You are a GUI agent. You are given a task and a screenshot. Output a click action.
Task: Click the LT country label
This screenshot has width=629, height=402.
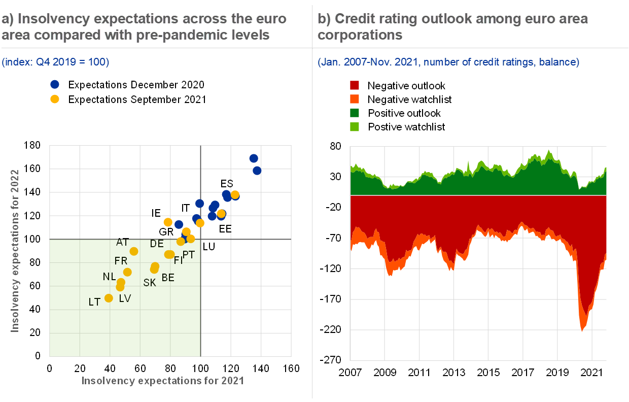click(x=94, y=302)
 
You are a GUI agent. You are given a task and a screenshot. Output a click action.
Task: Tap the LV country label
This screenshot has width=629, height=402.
click(x=125, y=298)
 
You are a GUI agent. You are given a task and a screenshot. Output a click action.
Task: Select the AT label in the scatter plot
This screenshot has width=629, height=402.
click(x=122, y=242)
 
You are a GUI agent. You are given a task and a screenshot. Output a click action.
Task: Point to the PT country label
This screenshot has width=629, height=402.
click(x=189, y=255)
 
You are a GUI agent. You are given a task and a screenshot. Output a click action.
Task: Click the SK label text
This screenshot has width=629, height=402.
click(x=150, y=283)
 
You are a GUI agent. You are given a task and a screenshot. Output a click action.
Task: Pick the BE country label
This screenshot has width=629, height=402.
click(x=168, y=278)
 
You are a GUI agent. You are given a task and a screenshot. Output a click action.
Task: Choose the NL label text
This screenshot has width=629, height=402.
click(x=109, y=277)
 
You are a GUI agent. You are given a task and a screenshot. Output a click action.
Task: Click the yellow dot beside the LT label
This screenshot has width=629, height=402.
click(x=109, y=298)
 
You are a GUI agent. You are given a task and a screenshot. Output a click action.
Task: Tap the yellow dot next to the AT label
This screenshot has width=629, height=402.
click(x=134, y=251)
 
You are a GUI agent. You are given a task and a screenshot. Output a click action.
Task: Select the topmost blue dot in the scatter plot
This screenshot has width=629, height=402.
click(x=254, y=158)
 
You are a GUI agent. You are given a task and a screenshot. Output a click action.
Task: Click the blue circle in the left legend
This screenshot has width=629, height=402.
click(x=55, y=84)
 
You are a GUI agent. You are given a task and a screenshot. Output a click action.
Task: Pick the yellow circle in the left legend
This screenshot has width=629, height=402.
click(x=55, y=99)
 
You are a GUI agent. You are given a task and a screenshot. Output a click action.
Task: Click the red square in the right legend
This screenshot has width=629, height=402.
click(x=355, y=85)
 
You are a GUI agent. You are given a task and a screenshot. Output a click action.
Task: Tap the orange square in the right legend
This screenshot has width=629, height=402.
click(x=355, y=98)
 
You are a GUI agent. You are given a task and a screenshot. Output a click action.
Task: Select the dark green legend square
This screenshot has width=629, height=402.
click(x=355, y=113)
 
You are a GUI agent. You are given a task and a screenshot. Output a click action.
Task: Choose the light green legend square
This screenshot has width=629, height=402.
click(x=355, y=127)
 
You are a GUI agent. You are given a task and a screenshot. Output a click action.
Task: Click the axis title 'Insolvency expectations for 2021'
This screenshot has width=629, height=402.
click(x=163, y=381)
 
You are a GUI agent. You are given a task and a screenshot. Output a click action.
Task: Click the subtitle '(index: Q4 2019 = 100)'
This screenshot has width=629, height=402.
click(x=55, y=62)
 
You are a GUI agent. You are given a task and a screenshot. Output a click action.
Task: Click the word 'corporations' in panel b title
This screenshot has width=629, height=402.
click(x=360, y=35)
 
